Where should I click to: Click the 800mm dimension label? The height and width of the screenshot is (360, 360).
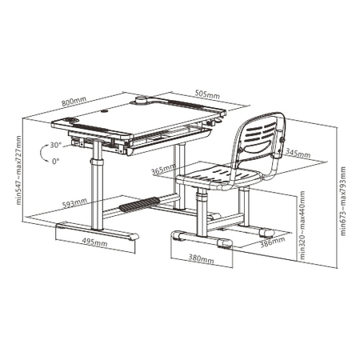pos(74,102)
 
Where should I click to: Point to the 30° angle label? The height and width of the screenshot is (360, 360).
pos(54,145)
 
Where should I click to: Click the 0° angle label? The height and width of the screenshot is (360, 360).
pos(54,161)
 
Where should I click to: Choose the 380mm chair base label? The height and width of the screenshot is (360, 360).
pos(202,259)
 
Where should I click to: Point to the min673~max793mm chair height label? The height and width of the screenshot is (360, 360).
pos(343,198)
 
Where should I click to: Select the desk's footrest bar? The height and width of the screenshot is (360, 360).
pos(138,206)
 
